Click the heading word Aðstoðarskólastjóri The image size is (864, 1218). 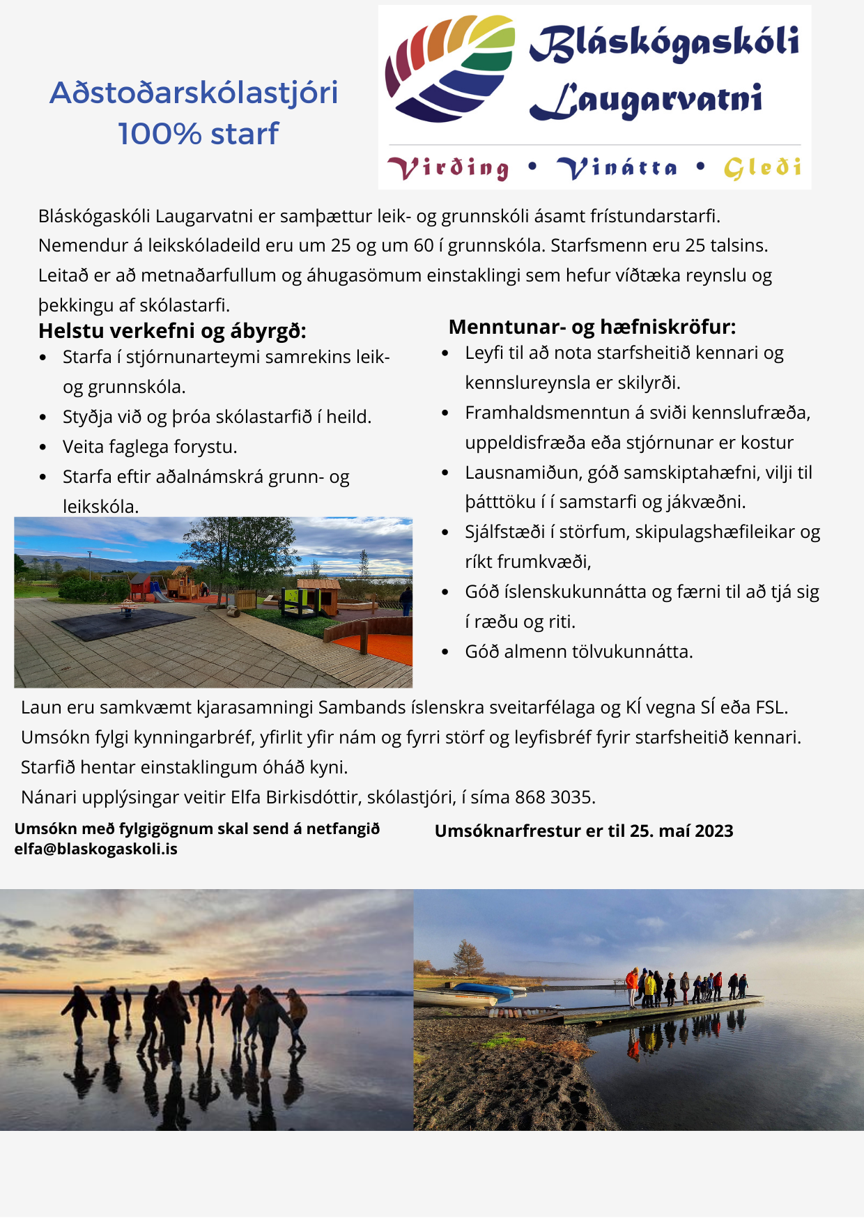click(194, 93)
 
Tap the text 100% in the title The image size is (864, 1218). click(160, 134)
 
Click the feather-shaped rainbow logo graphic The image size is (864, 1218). click(449, 68)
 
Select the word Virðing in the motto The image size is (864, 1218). click(449, 168)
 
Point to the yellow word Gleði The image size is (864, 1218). click(762, 168)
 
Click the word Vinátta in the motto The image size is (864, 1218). click(617, 168)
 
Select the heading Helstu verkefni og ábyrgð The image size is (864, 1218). click(172, 330)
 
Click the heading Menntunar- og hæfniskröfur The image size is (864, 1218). click(592, 327)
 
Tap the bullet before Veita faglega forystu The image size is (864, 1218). click(43, 447)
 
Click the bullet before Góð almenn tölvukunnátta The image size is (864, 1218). click(446, 652)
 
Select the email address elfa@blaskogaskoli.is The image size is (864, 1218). click(96, 849)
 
